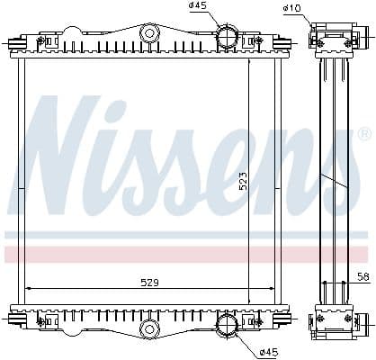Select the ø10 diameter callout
(x=291, y=9)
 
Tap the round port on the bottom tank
(x=227, y=322)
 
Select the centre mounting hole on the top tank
(x=149, y=34)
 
